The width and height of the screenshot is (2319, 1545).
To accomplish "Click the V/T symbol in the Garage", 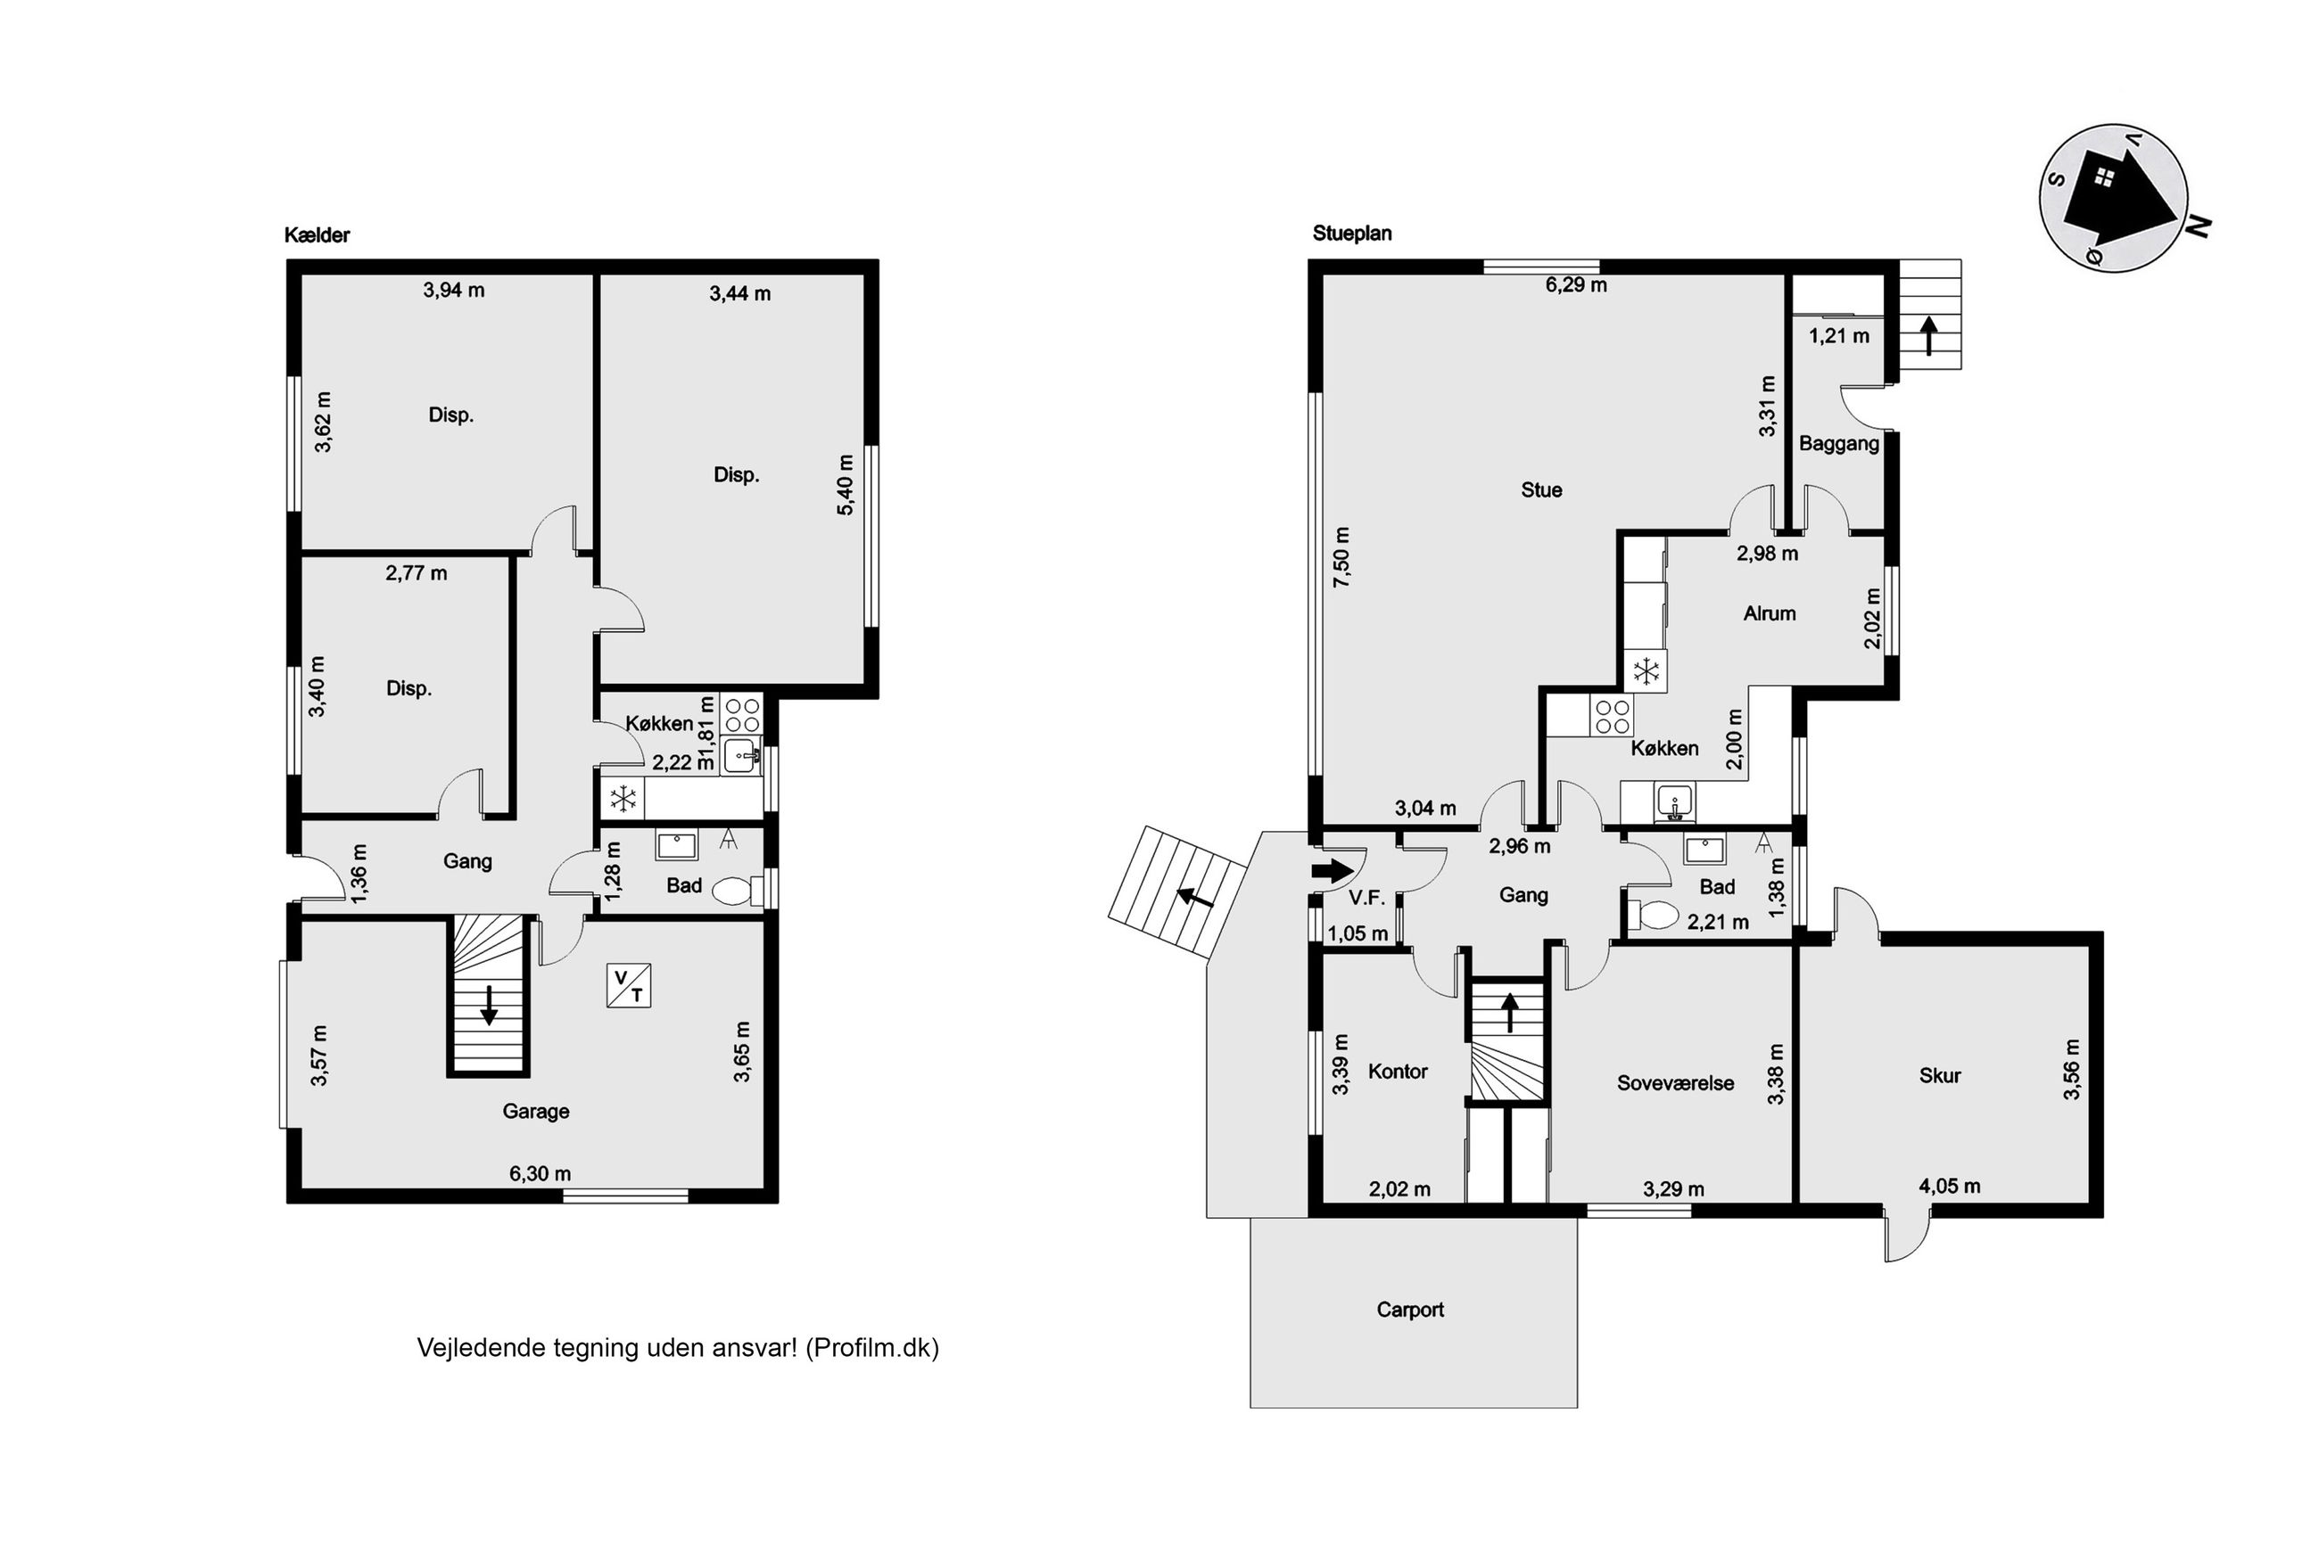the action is [x=628, y=984].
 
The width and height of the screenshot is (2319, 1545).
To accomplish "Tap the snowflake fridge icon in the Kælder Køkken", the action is [x=623, y=799].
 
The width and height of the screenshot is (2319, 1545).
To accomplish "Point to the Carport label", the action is [x=1409, y=1310].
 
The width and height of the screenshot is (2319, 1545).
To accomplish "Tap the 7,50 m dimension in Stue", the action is [x=1341, y=558].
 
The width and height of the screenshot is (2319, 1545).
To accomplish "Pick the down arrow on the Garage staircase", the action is [x=488, y=1005].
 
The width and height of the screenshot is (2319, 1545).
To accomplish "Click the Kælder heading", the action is [x=317, y=234].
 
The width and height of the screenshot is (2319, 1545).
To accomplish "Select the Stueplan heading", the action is [x=1351, y=234].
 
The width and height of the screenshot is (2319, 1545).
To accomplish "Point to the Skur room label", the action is [x=1940, y=1076].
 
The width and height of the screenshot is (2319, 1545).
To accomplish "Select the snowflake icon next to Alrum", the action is [x=1646, y=672].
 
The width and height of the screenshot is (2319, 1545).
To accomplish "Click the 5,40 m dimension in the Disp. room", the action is [x=845, y=485].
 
